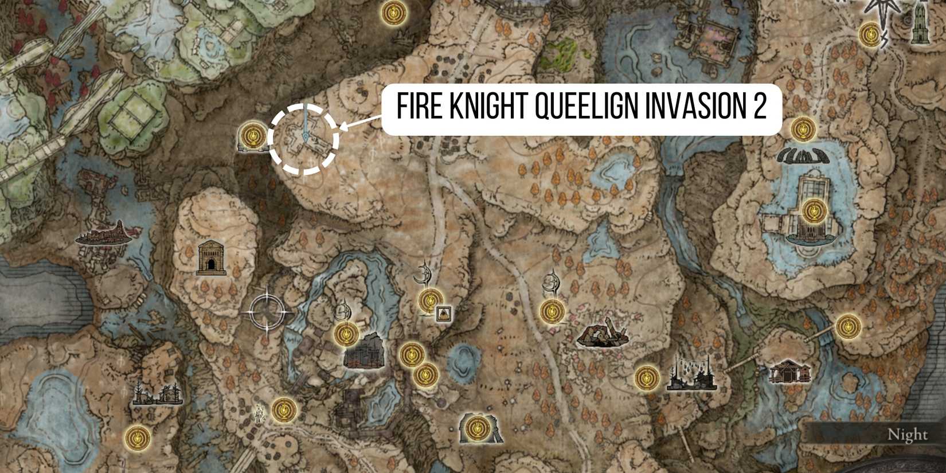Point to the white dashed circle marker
click(304, 139)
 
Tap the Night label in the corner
click(908, 435)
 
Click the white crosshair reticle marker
click(267, 312)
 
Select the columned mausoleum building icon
click(212, 257)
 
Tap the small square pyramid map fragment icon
click(443, 313)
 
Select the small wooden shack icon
click(789, 371)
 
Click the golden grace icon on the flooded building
click(812, 211)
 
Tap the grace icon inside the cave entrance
click(476, 428)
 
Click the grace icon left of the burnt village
click(647, 378)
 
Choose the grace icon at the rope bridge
click(848, 326)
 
